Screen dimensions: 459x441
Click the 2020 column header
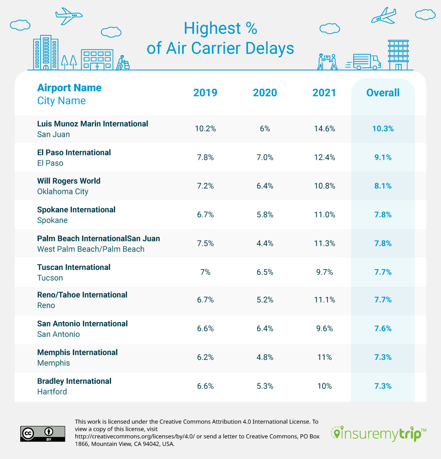[x=265, y=93]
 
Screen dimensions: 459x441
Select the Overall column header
[x=383, y=93]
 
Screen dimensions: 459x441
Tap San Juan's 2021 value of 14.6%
[x=324, y=129]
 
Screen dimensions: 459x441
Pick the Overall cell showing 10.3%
[x=383, y=129]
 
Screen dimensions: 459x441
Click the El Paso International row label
[x=74, y=152]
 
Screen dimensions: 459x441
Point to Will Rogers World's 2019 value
[x=205, y=186]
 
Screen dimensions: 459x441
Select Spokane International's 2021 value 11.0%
[x=324, y=215]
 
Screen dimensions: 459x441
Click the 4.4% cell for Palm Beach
[x=265, y=244]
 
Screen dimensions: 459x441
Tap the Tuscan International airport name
[x=74, y=267]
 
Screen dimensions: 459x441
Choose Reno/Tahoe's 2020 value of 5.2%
[x=265, y=300]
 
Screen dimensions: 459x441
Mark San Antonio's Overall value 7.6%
[x=383, y=329]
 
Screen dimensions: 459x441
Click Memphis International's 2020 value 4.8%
[x=265, y=358]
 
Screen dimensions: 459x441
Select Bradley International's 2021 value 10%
[x=324, y=386]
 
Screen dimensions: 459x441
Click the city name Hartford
[x=52, y=392]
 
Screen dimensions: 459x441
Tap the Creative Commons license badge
[x=42, y=433]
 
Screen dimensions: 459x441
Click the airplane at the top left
[x=69, y=16]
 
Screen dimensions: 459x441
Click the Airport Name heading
[x=69, y=88]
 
